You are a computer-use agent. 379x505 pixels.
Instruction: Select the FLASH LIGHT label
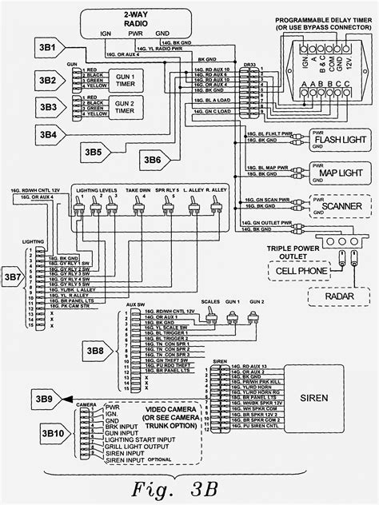tap(337, 140)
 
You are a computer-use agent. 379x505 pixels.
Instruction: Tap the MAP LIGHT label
tap(337, 170)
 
